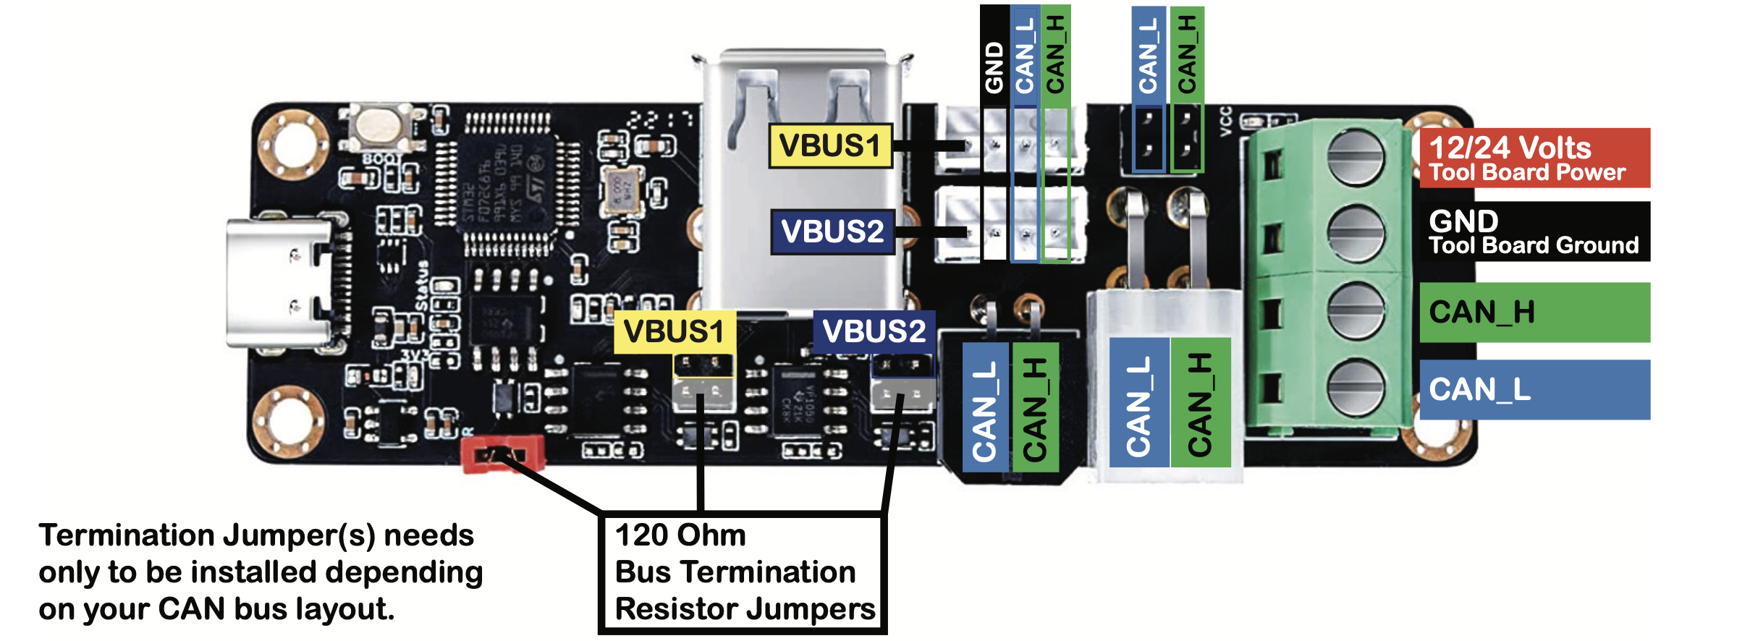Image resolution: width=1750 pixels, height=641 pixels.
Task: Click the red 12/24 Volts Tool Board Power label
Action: (x=1534, y=158)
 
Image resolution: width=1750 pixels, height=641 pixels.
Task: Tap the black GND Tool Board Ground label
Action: (x=1534, y=232)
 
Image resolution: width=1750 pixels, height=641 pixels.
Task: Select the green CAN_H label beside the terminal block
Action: (x=1534, y=313)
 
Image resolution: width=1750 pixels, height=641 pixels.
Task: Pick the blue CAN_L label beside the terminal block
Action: (x=1534, y=389)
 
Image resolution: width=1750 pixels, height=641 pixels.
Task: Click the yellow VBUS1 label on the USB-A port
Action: (x=830, y=146)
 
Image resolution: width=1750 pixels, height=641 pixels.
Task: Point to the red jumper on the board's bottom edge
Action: (x=502, y=454)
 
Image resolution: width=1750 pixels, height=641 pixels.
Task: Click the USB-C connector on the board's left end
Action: (x=279, y=284)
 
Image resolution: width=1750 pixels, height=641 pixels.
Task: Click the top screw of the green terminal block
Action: (x=1356, y=157)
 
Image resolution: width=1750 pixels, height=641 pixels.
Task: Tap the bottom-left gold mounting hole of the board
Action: (x=289, y=420)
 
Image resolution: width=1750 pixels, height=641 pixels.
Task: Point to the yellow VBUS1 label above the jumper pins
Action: (x=675, y=332)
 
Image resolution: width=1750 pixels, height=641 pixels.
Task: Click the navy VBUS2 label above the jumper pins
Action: (x=874, y=332)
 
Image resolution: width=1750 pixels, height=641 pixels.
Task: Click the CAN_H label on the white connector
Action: (x=1199, y=404)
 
